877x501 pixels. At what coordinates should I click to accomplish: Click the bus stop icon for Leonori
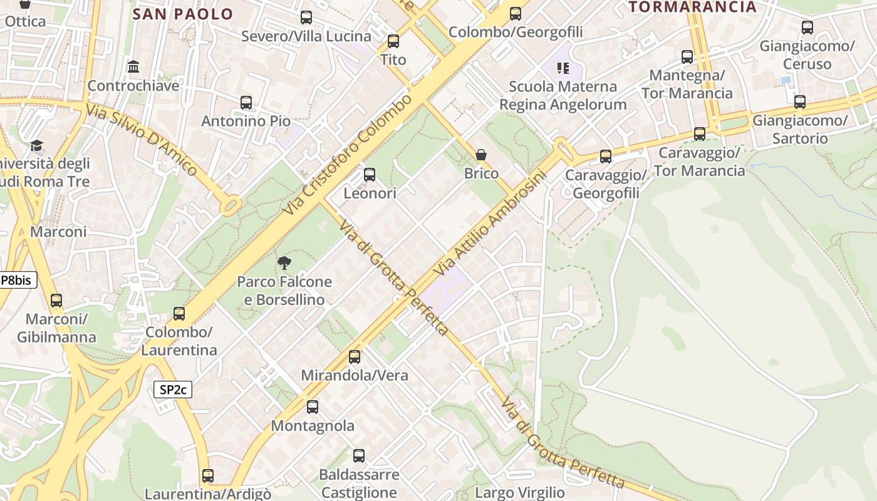coord(370,175)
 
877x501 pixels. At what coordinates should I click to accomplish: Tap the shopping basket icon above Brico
coord(481,155)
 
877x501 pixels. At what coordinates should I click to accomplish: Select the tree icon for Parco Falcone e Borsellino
coord(284,262)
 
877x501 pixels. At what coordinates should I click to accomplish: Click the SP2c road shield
coord(173,390)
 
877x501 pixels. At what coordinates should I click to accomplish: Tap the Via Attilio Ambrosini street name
coord(490,223)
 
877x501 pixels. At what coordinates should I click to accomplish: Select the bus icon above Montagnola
coord(313,407)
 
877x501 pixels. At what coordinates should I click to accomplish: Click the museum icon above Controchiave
coord(133,66)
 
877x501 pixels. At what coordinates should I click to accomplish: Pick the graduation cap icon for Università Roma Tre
coord(37,146)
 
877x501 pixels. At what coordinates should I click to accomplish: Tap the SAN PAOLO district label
coord(183,14)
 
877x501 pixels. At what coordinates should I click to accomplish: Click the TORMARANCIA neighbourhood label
coord(693,7)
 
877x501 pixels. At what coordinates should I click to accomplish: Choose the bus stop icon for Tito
coord(393,41)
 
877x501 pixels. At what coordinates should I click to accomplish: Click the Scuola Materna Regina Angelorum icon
coord(563,68)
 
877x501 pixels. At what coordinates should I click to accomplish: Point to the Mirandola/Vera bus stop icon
coord(355,357)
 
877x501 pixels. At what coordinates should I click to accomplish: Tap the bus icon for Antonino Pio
coord(246,102)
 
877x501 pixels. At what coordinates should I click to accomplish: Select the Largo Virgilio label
coord(520,493)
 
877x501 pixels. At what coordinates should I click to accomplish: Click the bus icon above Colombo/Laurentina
coord(179,313)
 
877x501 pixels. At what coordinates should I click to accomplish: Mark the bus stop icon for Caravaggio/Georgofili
coord(605,157)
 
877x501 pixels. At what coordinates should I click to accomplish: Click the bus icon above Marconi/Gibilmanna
coord(56,301)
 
